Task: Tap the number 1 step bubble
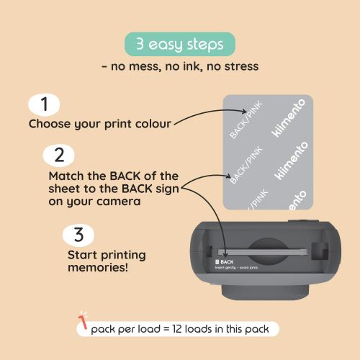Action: click(45, 105)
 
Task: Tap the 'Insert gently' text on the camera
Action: click(229, 268)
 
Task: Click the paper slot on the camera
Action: click(263, 253)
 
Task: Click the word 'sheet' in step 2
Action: click(66, 189)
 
